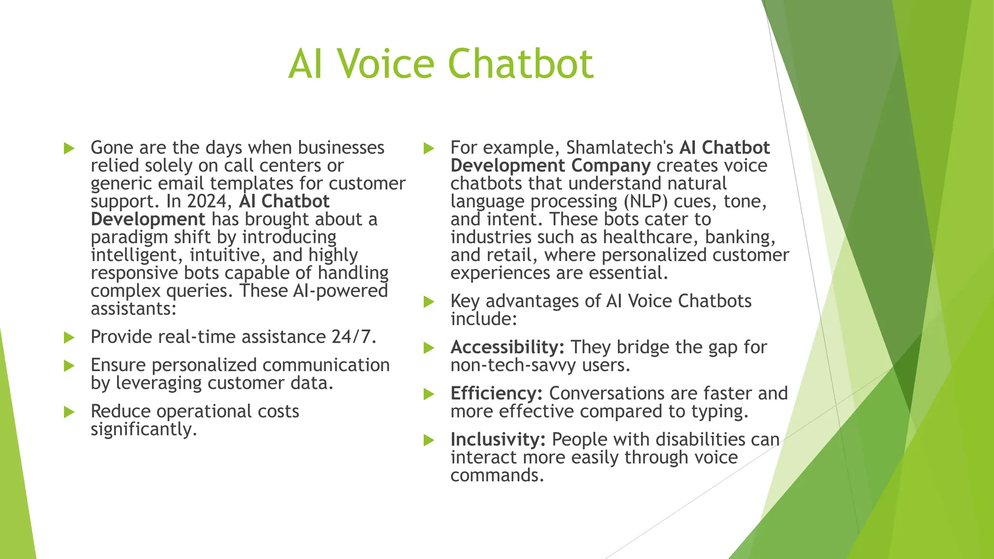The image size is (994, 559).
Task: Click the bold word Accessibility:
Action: click(507, 347)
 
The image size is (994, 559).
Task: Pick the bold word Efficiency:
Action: click(496, 394)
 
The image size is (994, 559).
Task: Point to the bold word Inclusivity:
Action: click(498, 440)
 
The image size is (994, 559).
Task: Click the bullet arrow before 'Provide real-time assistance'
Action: click(69, 338)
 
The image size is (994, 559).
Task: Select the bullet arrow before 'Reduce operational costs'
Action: click(69, 412)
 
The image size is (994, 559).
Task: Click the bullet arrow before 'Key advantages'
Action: click(429, 302)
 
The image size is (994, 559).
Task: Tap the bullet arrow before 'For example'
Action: click(429, 148)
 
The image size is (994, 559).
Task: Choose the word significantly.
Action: click(144, 429)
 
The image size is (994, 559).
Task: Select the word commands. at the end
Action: click(497, 476)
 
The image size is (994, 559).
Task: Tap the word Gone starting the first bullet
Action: click(111, 148)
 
